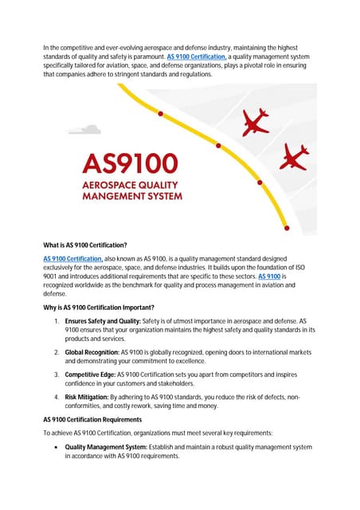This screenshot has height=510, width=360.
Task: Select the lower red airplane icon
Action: click(294, 156)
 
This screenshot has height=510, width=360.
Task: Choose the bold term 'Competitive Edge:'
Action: click(90, 374)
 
